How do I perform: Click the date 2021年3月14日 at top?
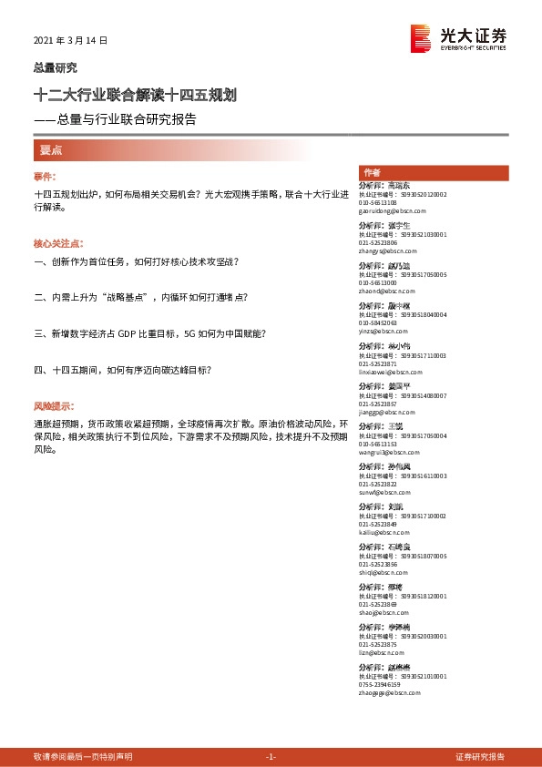pyautogui.click(x=70, y=41)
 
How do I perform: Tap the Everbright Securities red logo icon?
pyautogui.click(x=422, y=37)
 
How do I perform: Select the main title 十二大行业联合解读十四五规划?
pyautogui.click(x=136, y=94)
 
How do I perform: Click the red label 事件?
pyautogui.click(x=45, y=176)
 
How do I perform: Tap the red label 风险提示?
pyautogui.click(x=54, y=405)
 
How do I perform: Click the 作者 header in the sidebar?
pyautogui.click(x=371, y=172)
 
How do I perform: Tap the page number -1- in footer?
pyautogui.click(x=270, y=756)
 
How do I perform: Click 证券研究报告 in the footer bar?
pyautogui.click(x=480, y=756)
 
